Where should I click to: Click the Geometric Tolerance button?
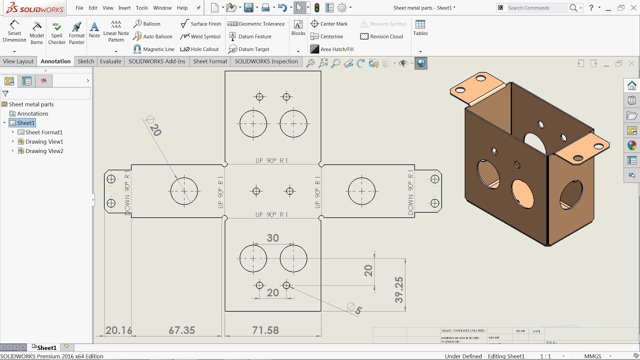tap(256, 24)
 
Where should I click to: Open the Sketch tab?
tap(85, 61)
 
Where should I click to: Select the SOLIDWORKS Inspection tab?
tap(266, 61)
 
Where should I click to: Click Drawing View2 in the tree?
tap(44, 151)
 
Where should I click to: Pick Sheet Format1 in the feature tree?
tap(43, 132)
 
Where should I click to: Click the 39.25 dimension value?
tap(398, 290)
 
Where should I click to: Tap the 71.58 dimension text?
tap(265, 330)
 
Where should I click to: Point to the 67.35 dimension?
tap(181, 330)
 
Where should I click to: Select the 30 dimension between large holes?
tap(272, 238)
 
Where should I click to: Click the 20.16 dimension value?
tap(119, 330)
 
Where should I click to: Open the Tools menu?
tap(142, 8)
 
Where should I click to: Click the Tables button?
tap(420, 28)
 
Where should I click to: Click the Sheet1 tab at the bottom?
tap(46, 347)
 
